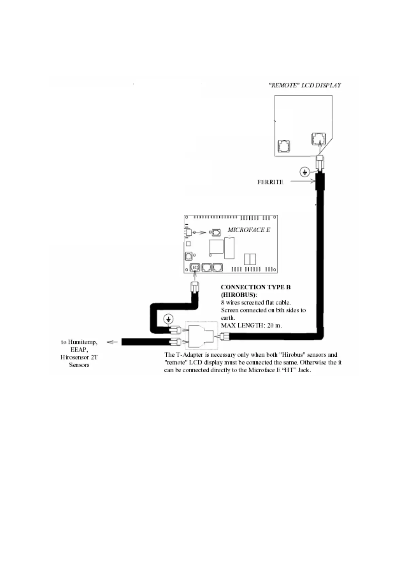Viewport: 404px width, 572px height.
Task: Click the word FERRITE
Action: pyautogui.click(x=270, y=182)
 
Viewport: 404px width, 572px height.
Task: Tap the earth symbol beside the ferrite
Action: pyautogui.click(x=305, y=172)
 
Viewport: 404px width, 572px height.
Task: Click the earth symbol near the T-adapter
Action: pyautogui.click(x=168, y=319)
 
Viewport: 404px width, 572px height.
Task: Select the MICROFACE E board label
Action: pyautogui.click(x=249, y=230)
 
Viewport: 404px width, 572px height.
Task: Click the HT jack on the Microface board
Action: pyautogui.click(x=195, y=268)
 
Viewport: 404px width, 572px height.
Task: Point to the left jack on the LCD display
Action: pyautogui.click(x=284, y=146)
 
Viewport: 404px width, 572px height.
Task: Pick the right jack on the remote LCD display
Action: pyautogui.click(x=318, y=139)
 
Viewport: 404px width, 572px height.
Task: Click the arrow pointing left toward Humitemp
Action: pyautogui.click(x=112, y=342)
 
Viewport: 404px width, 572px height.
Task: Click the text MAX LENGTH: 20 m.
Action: pyautogui.click(x=251, y=325)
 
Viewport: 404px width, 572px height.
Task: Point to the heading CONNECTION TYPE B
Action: pyautogui.click(x=256, y=287)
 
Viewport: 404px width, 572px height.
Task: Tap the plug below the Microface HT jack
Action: pyautogui.click(x=195, y=287)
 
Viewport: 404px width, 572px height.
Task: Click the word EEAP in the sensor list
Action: pyautogui.click(x=79, y=350)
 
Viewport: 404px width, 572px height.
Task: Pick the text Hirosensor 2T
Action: pyautogui.click(x=79, y=357)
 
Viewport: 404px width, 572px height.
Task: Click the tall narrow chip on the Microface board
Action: pyautogui.click(x=229, y=248)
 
